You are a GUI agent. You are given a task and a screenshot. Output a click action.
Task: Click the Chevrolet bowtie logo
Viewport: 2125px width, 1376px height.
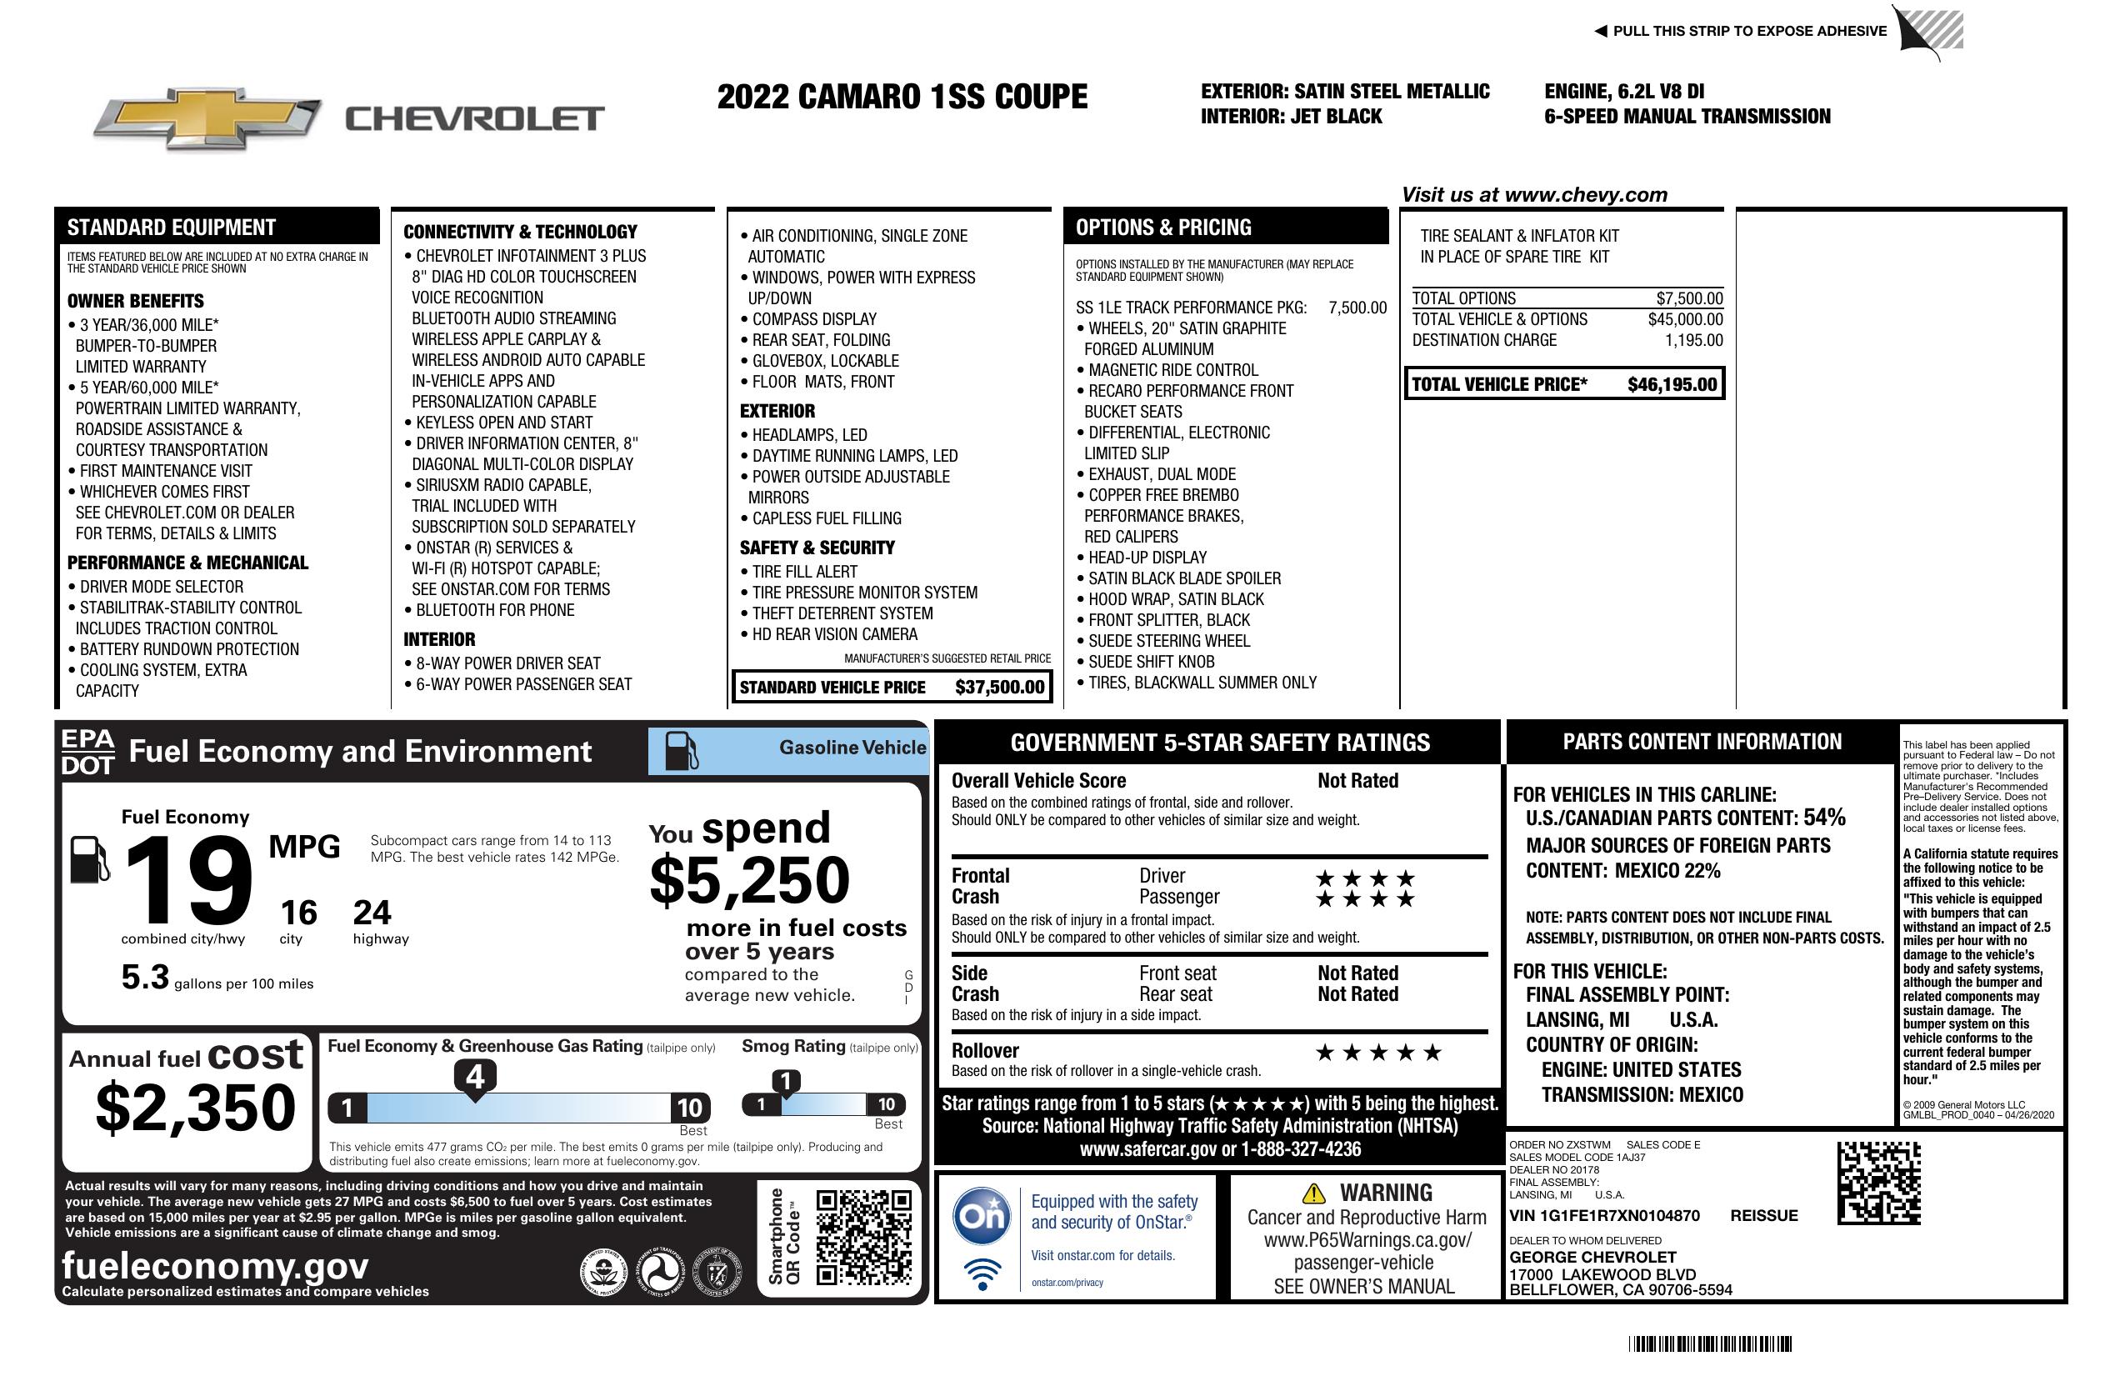207,118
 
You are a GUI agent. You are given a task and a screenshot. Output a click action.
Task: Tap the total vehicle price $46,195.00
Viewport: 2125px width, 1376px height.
1672,385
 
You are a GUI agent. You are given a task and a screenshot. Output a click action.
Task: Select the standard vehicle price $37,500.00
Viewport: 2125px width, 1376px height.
999,687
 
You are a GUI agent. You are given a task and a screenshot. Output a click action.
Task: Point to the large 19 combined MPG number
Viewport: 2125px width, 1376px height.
188,881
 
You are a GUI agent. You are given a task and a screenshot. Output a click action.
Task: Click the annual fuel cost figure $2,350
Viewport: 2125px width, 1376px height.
196,1108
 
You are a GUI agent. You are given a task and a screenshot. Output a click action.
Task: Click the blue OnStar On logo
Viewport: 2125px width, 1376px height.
982,1215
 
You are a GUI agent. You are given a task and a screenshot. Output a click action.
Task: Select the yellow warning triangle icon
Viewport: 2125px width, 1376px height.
1313,1193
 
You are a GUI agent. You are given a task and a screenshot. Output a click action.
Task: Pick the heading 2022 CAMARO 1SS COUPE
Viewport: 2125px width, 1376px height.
902,97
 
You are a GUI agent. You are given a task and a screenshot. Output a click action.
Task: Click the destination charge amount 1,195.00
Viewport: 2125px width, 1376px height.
1692,340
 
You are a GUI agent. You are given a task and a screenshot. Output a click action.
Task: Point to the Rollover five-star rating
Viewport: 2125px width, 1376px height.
1377,1053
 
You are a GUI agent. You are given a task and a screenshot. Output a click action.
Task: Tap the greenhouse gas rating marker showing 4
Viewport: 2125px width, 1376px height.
475,1078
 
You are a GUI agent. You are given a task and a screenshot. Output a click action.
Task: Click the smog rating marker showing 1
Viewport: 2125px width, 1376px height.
786,1083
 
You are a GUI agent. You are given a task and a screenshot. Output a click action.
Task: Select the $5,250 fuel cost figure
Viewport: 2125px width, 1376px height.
749,880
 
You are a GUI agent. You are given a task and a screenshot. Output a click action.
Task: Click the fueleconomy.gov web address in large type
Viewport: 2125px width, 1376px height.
215,1266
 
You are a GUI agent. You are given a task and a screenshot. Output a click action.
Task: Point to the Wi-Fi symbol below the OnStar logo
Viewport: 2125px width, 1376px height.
982,1273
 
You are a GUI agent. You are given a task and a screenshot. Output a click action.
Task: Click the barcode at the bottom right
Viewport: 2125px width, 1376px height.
1709,1343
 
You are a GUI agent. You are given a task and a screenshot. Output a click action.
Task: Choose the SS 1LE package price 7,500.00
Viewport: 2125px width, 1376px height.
1357,308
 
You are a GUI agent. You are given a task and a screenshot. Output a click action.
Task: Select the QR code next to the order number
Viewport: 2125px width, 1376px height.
1878,1183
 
